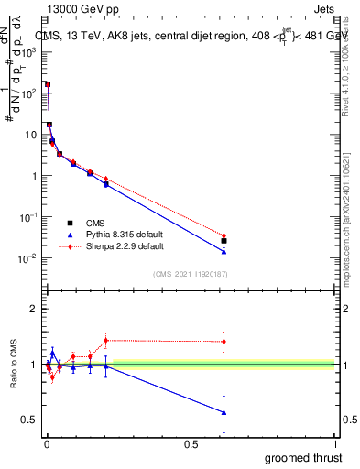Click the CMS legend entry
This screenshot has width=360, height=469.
(x=95, y=223)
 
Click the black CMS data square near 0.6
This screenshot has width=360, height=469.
(x=224, y=241)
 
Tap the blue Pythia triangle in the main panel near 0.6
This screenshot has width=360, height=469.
(x=224, y=251)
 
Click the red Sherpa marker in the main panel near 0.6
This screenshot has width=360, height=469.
(x=224, y=235)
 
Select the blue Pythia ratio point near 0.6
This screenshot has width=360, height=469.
(x=224, y=413)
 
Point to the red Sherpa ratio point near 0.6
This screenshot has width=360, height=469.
(x=224, y=342)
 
